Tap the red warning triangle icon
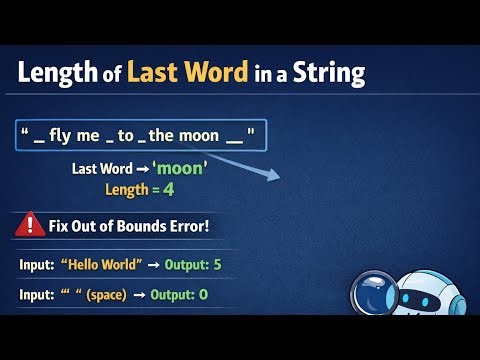[31, 225]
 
